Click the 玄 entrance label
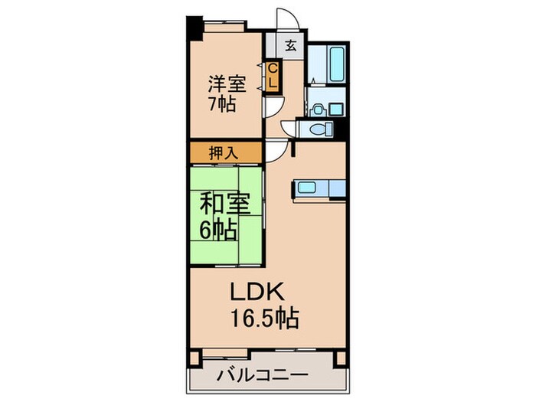292,44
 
